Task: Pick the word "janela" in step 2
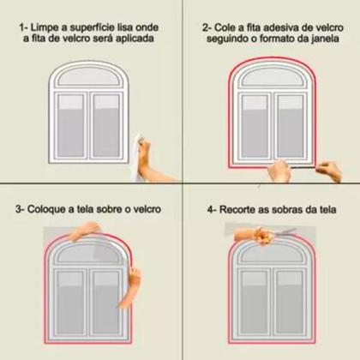point(325,39)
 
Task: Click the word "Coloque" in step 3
point(46,209)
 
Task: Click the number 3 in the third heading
point(18,209)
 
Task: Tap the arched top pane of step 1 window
point(88,76)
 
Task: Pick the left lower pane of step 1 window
point(71,126)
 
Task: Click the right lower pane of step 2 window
point(291,126)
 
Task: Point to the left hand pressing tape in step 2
point(279,171)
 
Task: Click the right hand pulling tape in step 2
point(329,171)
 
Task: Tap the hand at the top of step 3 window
point(85,231)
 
